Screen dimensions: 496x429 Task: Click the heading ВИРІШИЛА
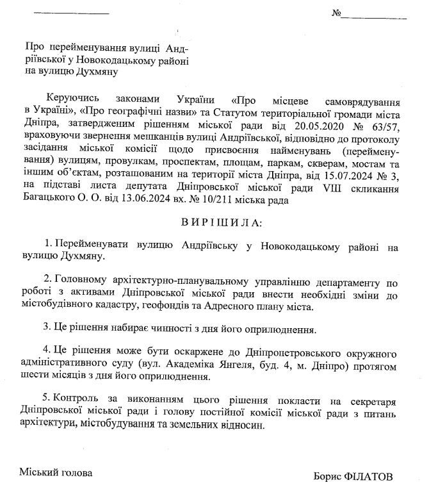[214, 222]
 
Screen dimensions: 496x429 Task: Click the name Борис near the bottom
[328, 477]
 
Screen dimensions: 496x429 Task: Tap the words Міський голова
[55, 473]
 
